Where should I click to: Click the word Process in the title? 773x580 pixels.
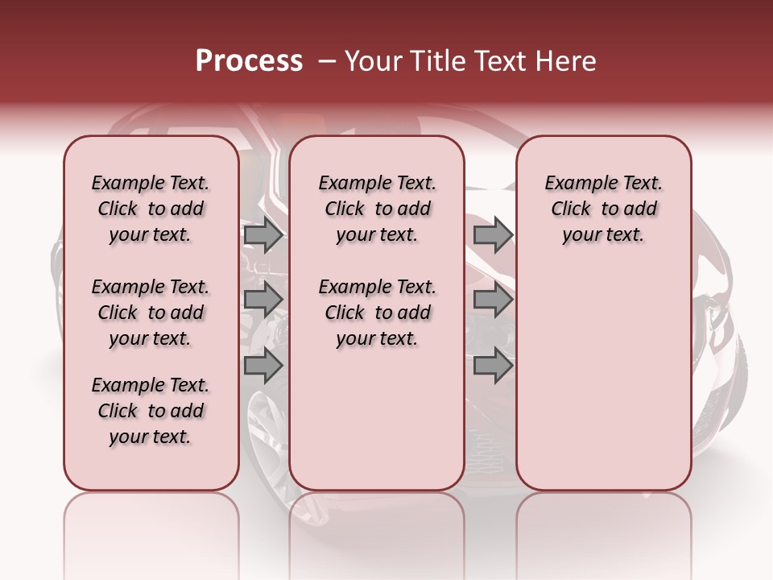249,61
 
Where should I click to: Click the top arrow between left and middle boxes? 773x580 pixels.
263,235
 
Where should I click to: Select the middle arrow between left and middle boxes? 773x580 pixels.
263,300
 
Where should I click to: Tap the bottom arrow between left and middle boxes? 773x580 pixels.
263,366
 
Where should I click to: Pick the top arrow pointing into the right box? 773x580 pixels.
493,235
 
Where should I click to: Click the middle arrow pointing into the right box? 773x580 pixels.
493,300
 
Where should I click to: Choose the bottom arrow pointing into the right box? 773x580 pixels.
493,366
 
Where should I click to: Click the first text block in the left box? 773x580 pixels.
151,209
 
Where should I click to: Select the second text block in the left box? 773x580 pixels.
151,313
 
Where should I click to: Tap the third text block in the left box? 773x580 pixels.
151,411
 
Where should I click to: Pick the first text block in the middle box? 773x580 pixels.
377,209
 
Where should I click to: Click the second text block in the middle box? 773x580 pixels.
377,313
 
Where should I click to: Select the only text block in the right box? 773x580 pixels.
603,209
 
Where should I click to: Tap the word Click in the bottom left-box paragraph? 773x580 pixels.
118,411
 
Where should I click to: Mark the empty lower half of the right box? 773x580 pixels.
603,387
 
